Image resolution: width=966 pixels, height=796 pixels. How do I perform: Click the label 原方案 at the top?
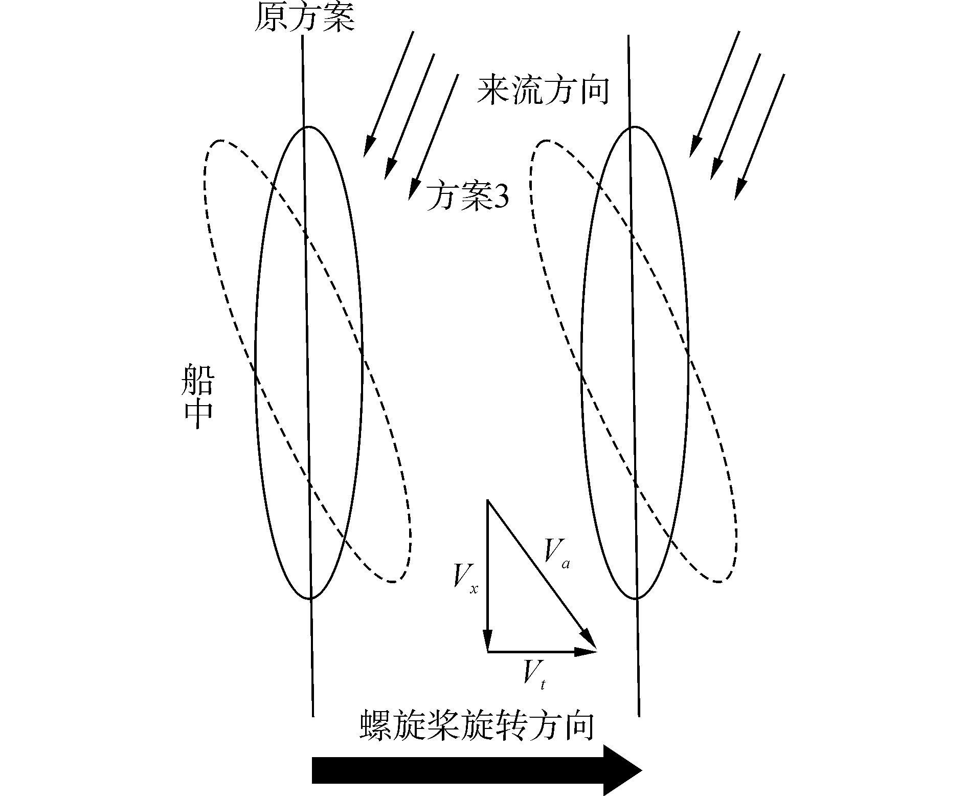tap(304, 18)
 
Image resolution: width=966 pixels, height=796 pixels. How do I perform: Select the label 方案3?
tap(467, 197)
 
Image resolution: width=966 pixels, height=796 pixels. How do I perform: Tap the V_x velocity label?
tap(464, 579)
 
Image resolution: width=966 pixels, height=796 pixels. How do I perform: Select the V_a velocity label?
tap(556, 552)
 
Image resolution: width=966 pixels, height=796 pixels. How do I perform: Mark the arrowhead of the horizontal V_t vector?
tap(588, 652)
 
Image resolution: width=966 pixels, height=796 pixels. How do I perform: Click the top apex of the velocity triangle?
tap(488, 501)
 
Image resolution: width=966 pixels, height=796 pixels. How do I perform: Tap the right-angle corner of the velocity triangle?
tap(488, 652)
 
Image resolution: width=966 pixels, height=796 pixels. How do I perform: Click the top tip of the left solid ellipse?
tap(307, 126)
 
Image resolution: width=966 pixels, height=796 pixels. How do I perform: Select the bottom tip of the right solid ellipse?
tap(636, 599)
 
